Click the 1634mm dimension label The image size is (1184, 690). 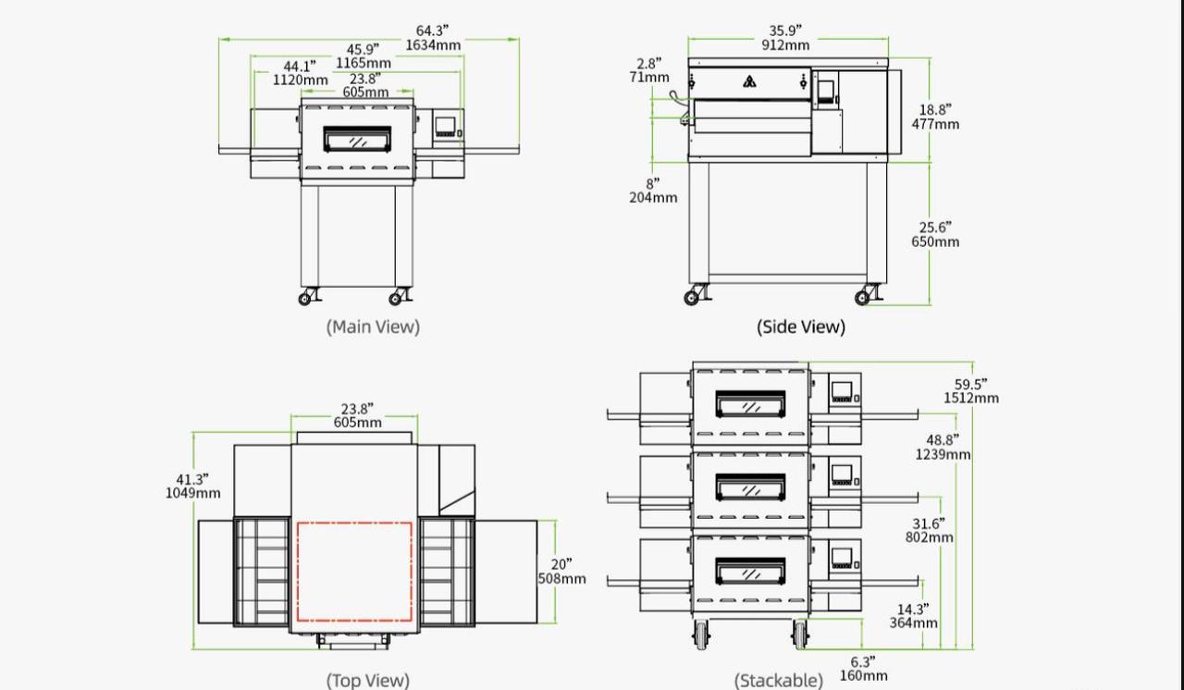click(432, 45)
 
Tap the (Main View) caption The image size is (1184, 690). click(373, 327)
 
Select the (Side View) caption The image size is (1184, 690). click(800, 327)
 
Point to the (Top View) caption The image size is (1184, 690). click(367, 681)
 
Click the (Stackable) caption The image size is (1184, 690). click(778, 681)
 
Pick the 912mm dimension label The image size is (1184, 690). click(785, 45)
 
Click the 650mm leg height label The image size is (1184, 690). click(935, 242)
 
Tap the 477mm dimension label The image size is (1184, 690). click(935, 124)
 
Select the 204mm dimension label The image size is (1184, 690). click(653, 198)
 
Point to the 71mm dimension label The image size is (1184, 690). click(649, 78)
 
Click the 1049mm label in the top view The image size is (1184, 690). click(192, 493)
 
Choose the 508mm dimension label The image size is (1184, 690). click(561, 579)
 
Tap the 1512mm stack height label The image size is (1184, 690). click(971, 399)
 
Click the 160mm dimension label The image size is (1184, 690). click(863, 675)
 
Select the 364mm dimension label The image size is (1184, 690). click(913, 623)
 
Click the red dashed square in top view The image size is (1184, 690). click(354, 572)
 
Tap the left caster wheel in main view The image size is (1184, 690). click(306, 297)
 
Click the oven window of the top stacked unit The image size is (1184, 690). click(750, 404)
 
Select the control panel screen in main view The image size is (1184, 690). click(445, 125)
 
